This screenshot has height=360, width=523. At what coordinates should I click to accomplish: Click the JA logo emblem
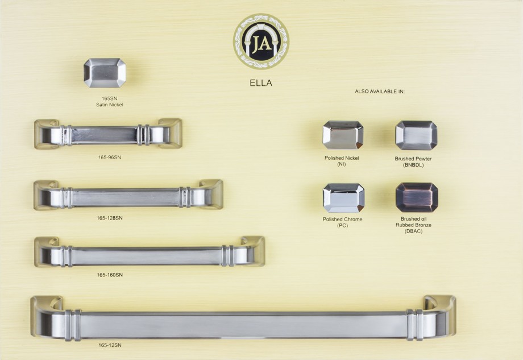tap(261, 42)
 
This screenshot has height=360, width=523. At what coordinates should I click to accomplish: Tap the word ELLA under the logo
tap(261, 83)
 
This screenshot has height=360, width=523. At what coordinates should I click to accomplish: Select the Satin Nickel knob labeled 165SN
tap(105, 73)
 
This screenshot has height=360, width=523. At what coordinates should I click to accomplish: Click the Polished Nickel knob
tap(343, 135)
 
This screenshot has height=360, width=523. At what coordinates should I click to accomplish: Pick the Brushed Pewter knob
tap(416, 135)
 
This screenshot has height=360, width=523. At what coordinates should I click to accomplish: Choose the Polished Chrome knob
tap(343, 198)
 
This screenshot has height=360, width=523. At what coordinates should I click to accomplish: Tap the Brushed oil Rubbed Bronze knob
tap(417, 197)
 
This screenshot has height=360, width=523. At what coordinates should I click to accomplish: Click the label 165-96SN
tap(109, 157)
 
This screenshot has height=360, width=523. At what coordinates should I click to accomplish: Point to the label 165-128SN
tap(110, 218)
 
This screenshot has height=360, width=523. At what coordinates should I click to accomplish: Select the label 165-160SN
tap(110, 275)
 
